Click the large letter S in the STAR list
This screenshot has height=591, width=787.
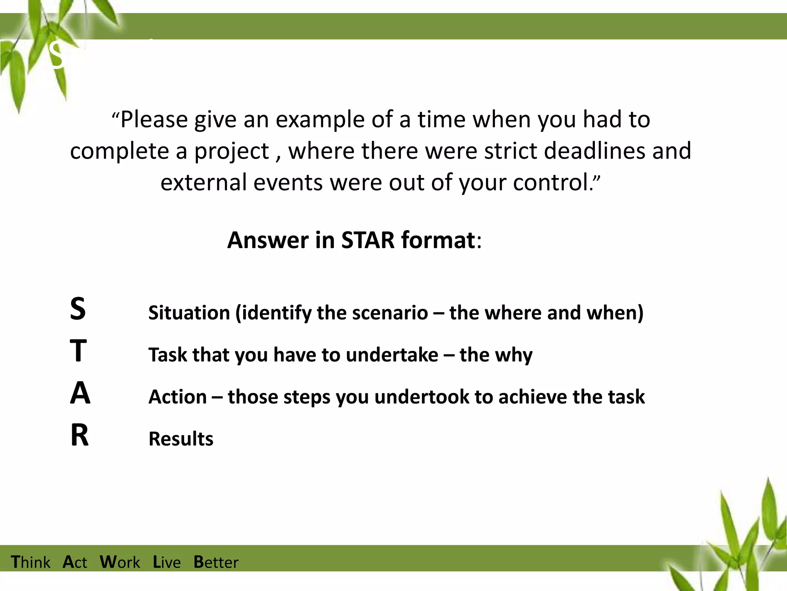click(78, 309)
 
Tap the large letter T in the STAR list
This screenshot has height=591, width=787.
click(78, 351)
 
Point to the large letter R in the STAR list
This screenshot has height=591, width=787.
click(80, 436)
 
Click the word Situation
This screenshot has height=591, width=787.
click(189, 313)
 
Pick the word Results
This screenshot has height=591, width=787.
click(181, 439)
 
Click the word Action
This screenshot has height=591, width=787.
click(178, 397)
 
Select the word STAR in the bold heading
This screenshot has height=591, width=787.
click(368, 240)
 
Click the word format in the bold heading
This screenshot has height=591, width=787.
click(438, 240)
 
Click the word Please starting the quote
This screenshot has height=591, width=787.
click(154, 120)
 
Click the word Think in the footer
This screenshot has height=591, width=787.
click(30, 562)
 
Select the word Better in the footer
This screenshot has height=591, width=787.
click(216, 562)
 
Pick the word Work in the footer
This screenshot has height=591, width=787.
click(120, 562)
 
